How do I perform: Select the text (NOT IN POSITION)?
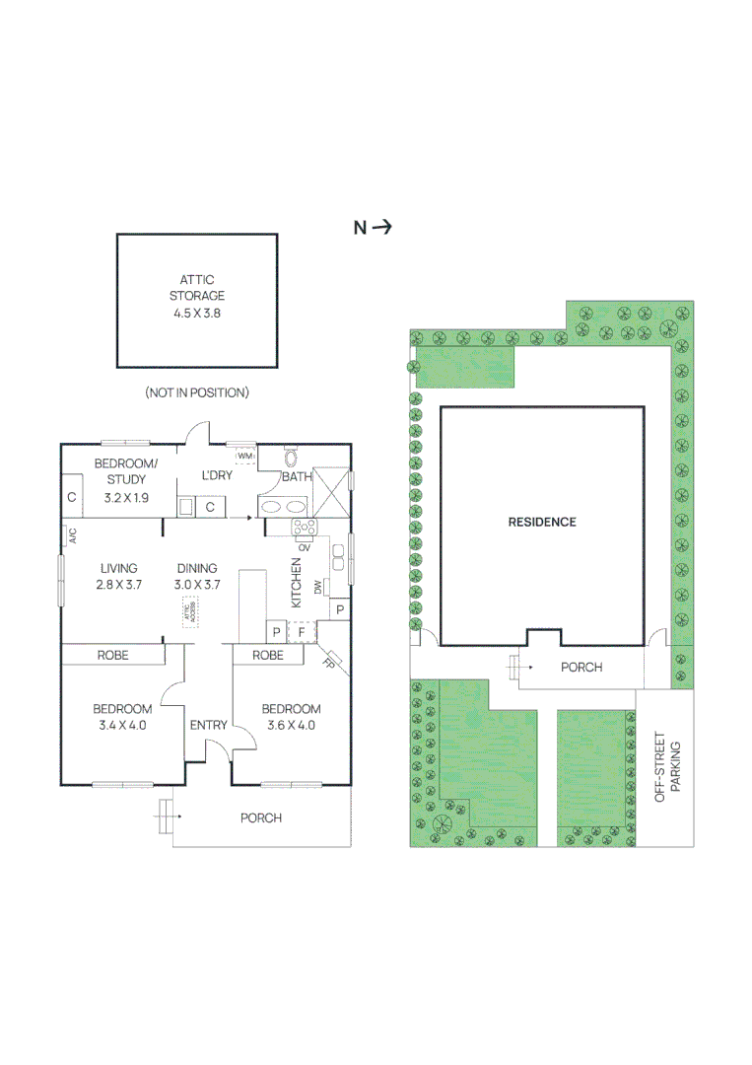[196, 392]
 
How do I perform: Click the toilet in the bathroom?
[291, 458]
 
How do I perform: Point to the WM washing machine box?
[245, 457]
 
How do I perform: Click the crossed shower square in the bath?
[330, 491]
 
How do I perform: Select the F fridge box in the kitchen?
[303, 631]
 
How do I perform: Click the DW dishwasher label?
[318, 588]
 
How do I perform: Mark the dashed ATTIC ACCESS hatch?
[187, 612]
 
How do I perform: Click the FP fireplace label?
[329, 663]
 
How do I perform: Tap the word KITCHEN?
[295, 582]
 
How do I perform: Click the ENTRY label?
[209, 726]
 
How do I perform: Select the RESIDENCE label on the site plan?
[541, 522]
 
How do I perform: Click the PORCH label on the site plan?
[581, 668]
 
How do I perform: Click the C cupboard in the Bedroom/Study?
[71, 498]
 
